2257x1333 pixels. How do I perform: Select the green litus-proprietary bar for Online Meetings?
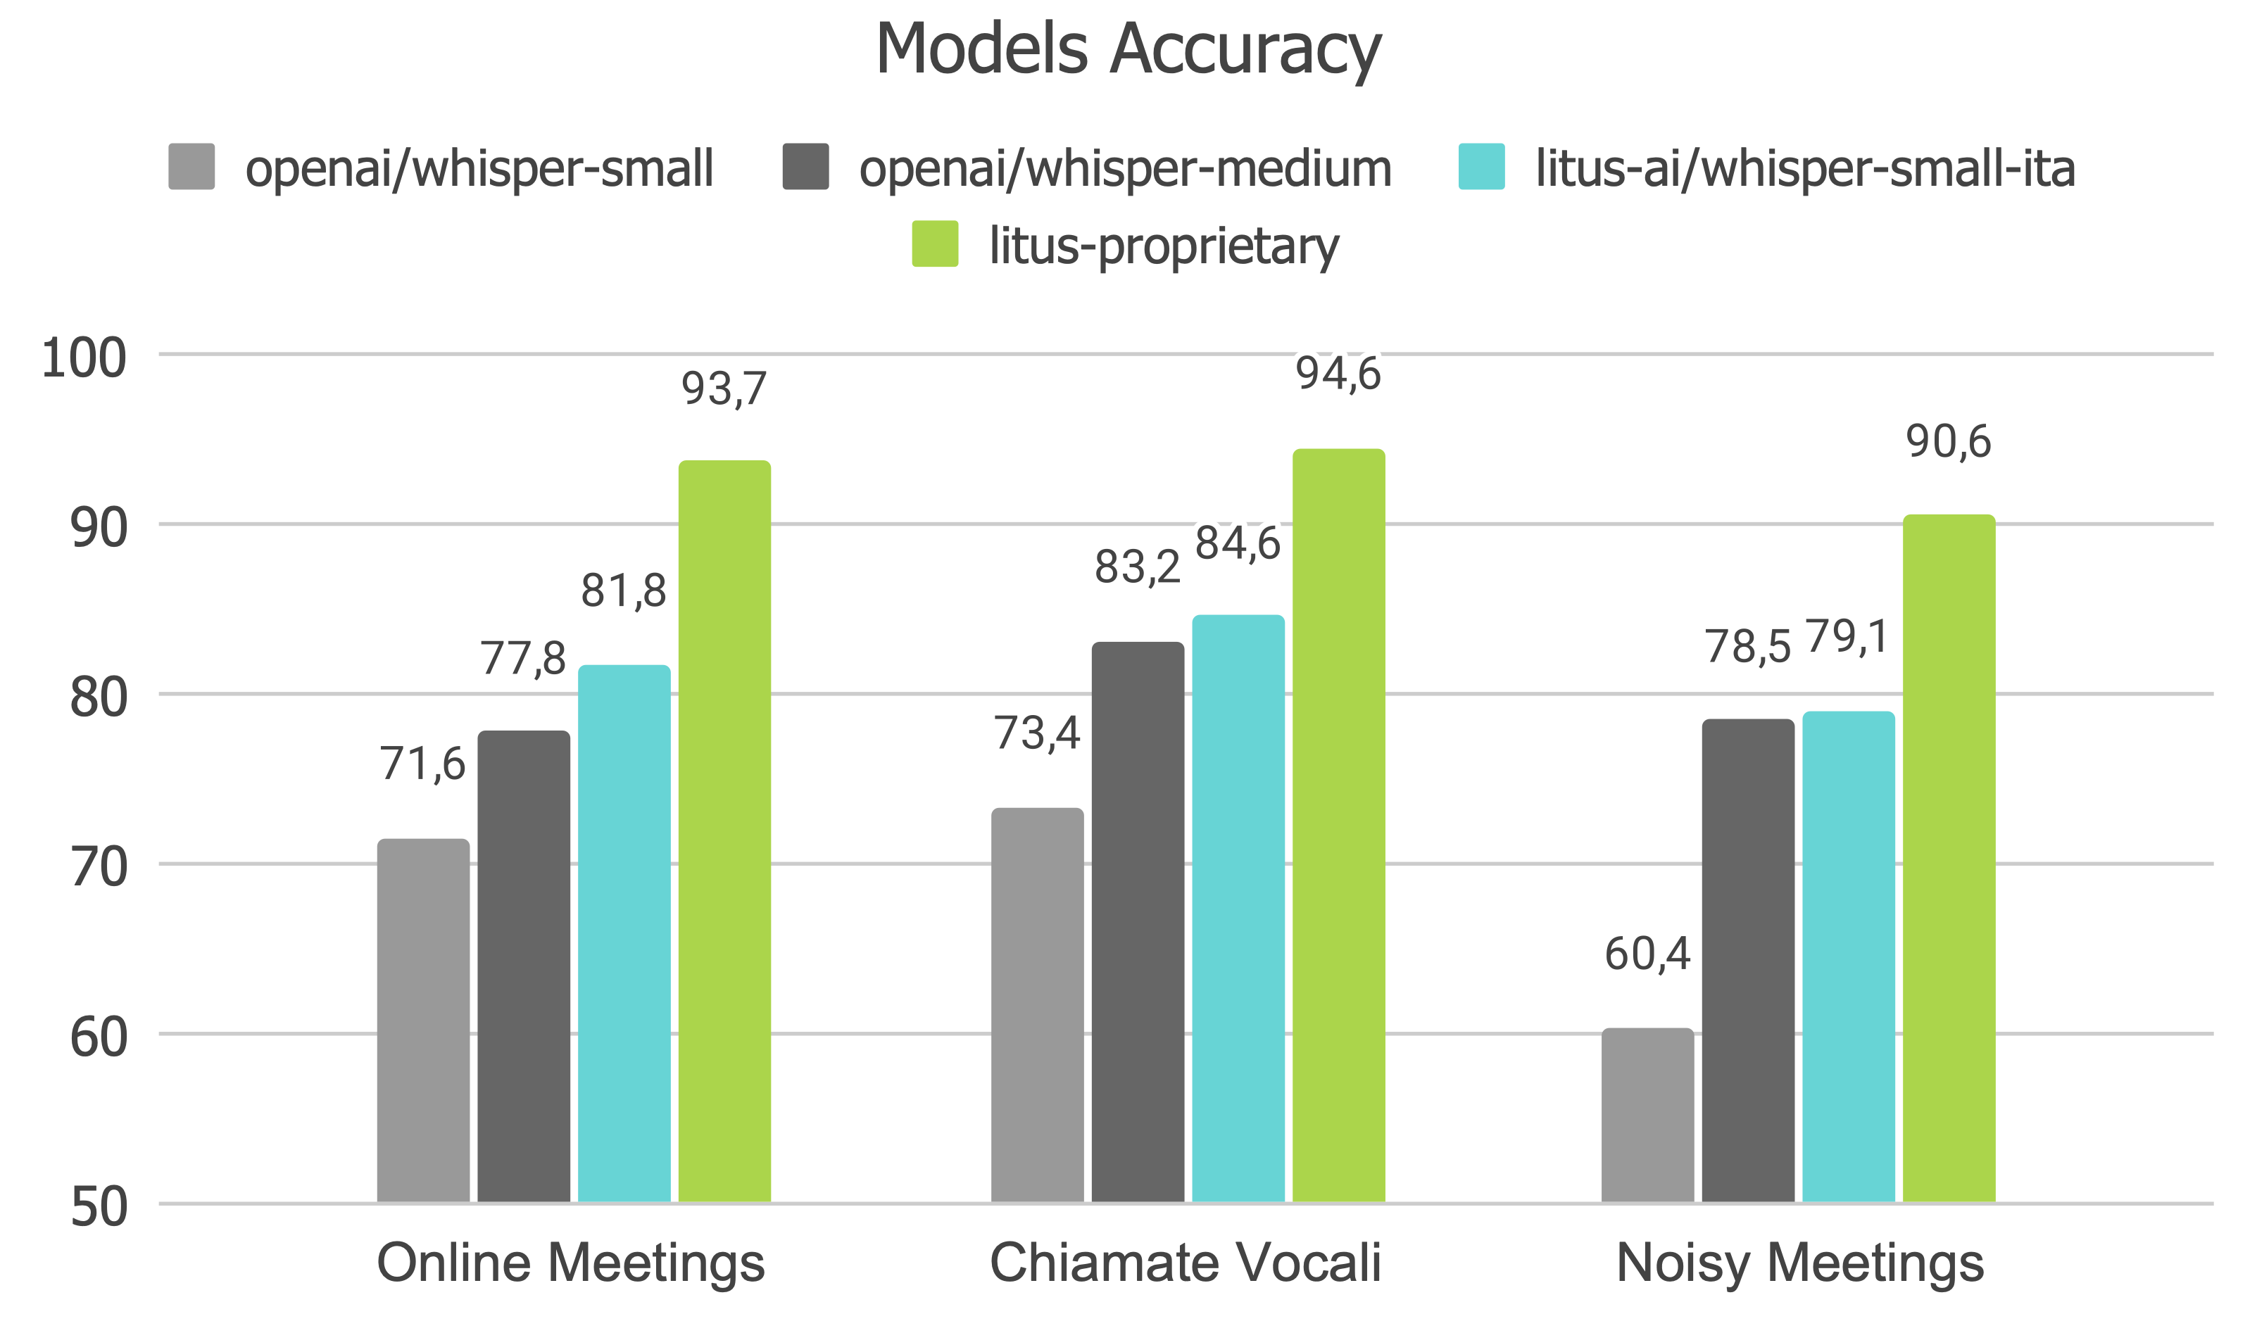(x=724, y=831)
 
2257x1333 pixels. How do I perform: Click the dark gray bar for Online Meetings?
(x=523, y=966)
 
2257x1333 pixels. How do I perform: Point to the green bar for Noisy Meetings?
(x=1948, y=858)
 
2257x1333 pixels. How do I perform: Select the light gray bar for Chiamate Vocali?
(x=1037, y=1004)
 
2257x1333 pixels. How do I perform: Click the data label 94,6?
(x=1338, y=374)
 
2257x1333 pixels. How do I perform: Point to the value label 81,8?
(x=624, y=591)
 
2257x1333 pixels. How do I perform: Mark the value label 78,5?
(x=1747, y=647)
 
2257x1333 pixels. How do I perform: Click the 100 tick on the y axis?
(x=84, y=358)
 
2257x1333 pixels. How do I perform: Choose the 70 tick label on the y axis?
(x=98, y=868)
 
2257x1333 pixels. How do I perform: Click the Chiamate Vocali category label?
(x=1185, y=1263)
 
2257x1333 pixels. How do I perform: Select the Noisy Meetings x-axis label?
(x=1799, y=1263)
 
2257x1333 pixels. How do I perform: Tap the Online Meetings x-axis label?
(x=570, y=1263)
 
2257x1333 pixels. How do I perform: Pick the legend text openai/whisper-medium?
(x=1125, y=169)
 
